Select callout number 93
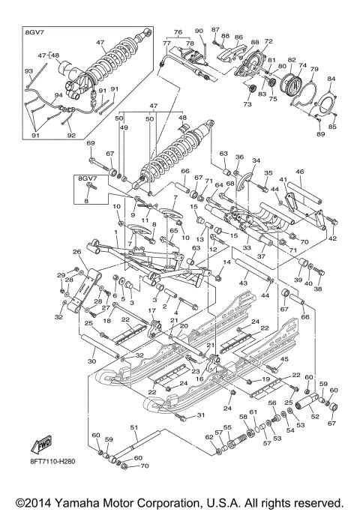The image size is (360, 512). point(28,71)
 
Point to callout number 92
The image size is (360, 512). point(72,136)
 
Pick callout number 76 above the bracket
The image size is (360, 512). point(178,32)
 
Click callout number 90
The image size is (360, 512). point(199,31)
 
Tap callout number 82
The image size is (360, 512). point(292,59)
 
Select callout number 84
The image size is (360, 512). point(331,79)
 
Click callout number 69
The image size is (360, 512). point(91,143)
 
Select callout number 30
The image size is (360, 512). point(91,361)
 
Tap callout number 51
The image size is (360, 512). point(134,427)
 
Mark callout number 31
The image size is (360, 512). point(200,415)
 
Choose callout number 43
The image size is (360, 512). point(242,283)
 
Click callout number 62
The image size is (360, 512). point(209,437)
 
